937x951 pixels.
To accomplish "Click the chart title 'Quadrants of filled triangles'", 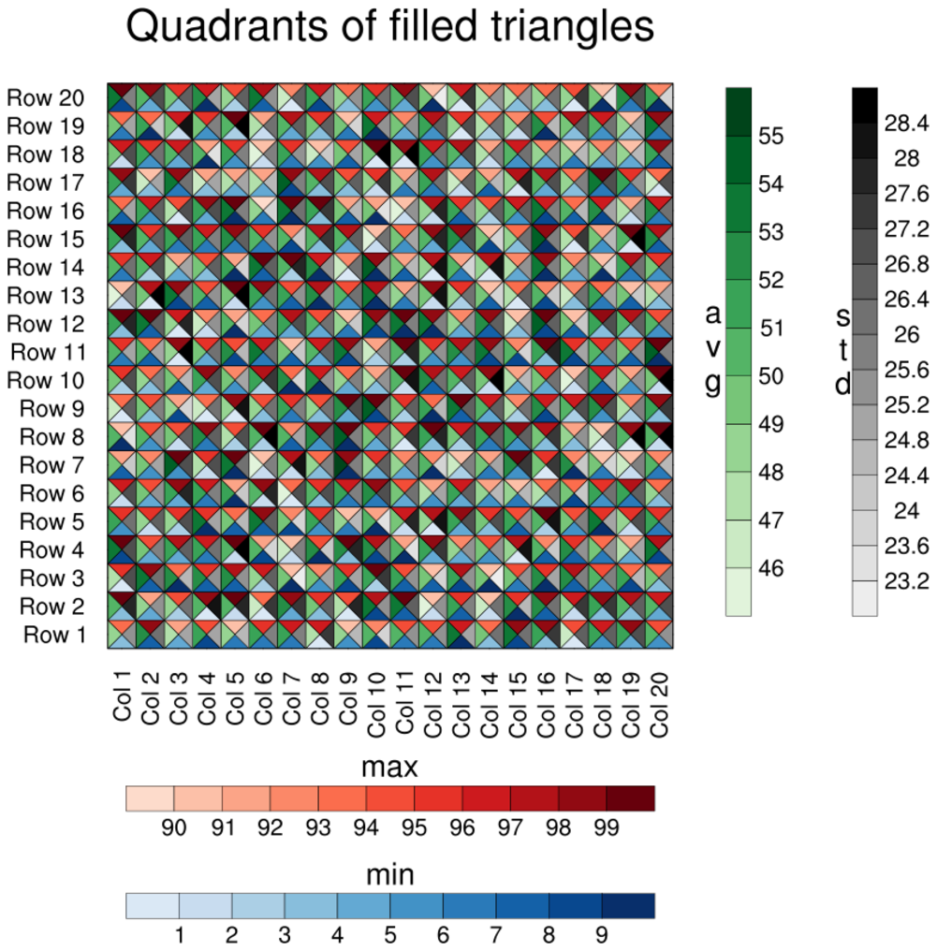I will point(389,28).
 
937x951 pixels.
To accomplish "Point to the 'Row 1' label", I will point(59,636).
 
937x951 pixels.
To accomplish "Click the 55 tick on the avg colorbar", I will point(770,137).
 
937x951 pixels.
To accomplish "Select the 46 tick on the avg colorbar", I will point(770,569).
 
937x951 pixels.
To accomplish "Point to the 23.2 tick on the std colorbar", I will point(906,581).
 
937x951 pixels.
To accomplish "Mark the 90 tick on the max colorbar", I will point(174,828).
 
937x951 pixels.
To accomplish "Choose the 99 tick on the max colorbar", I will point(607,828).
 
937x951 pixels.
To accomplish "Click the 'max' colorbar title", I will point(389,768).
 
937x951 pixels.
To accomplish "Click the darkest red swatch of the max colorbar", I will point(630,798).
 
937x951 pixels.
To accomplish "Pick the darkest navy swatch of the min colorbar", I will point(628,906).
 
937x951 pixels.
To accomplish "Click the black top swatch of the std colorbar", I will point(865,96).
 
